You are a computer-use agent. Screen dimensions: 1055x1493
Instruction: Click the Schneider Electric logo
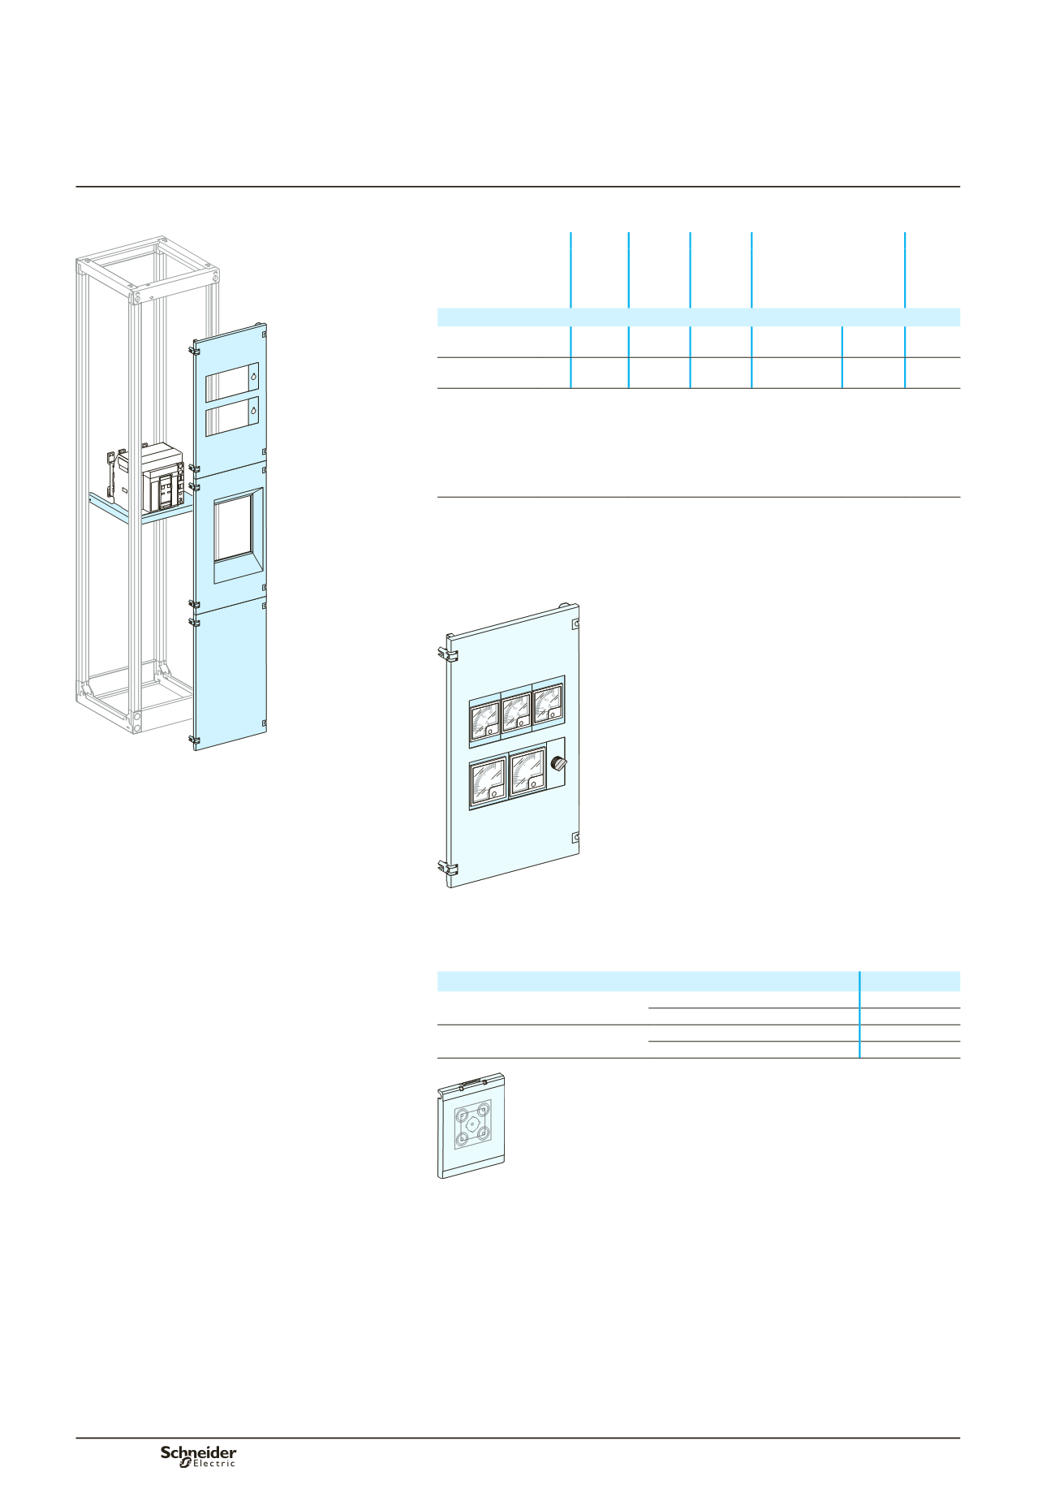coord(199,1456)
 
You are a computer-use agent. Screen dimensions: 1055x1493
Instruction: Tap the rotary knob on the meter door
coord(558,763)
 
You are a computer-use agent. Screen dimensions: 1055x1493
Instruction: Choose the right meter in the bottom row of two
coord(527,774)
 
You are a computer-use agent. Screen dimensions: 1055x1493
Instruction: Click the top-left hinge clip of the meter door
coord(446,654)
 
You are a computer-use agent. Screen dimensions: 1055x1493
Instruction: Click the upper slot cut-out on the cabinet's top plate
coord(232,382)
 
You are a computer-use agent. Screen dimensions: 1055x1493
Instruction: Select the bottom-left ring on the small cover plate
coord(462,1140)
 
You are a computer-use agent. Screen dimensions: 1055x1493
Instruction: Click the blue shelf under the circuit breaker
coord(140,511)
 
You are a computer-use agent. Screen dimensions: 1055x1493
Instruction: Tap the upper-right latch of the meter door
coord(576,624)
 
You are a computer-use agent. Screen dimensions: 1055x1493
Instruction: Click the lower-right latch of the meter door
coord(576,837)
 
